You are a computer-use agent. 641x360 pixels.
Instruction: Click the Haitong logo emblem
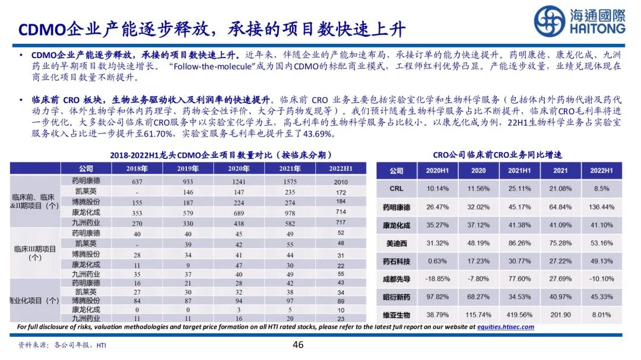[x=549, y=21]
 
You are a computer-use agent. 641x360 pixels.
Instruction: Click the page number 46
[x=299, y=345]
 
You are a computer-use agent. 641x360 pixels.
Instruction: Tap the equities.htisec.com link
[x=506, y=327]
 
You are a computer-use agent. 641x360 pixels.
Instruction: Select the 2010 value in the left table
[x=341, y=182]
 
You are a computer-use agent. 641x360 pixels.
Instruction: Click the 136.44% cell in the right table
[x=601, y=207]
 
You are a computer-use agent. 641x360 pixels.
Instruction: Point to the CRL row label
[x=396, y=189]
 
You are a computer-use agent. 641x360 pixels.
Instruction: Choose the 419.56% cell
[x=519, y=315]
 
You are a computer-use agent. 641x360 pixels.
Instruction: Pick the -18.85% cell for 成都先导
[x=437, y=279]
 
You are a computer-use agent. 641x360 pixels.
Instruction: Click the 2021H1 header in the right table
[x=519, y=171]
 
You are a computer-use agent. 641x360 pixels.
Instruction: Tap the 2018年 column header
[x=137, y=168]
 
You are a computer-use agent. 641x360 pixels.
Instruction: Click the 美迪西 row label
[x=396, y=243]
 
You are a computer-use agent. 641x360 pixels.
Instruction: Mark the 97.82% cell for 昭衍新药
[x=437, y=297]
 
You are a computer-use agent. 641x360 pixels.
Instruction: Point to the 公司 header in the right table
[x=396, y=171]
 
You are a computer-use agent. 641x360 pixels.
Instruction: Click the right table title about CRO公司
[x=497, y=155]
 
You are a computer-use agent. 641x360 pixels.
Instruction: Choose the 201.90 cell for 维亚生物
[x=561, y=315]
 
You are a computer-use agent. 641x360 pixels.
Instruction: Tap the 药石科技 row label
[x=396, y=261]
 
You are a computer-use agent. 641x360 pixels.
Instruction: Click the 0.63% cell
[x=437, y=261]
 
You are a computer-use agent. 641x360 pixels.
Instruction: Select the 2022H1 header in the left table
[x=341, y=168]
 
